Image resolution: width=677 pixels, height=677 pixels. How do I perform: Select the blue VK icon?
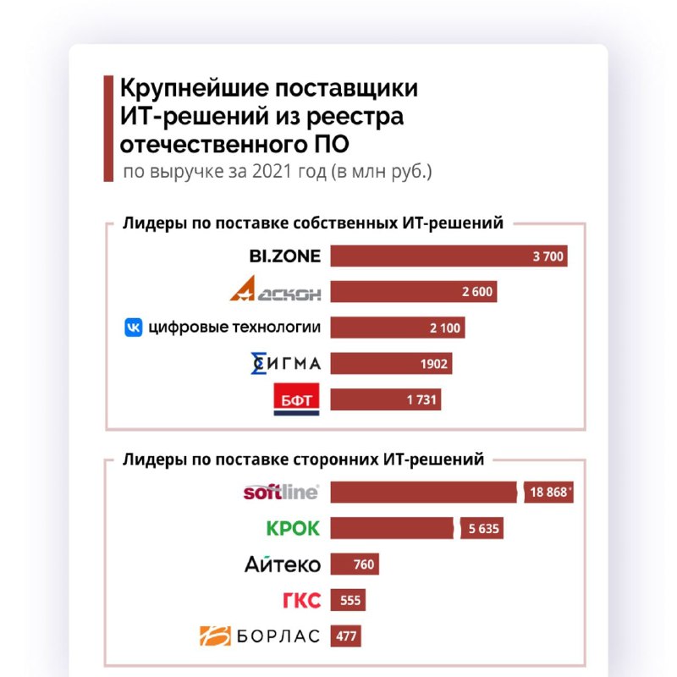pos(134,327)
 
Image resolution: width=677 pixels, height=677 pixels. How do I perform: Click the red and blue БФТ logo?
pos(295,399)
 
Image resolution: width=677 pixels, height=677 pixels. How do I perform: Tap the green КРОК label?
pos(293,528)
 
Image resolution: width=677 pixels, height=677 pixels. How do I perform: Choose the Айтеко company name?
pos(283,564)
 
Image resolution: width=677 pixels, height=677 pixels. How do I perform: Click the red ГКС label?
pos(300,600)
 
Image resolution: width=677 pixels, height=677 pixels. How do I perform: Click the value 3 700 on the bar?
pos(548,256)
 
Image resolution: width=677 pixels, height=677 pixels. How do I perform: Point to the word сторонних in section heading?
pos(348,460)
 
